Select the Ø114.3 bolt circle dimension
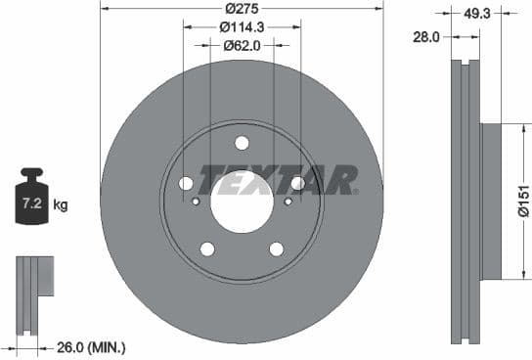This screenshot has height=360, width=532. tap(242, 26)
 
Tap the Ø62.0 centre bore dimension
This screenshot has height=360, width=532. tap(242, 45)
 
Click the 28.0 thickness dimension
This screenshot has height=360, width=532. tap(425, 36)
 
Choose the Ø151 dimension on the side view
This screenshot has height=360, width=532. tap(523, 202)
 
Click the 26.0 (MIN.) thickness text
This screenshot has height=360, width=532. tap(91, 346)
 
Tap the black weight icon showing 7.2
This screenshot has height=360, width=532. tap(31, 202)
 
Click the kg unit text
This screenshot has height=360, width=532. tap(61, 204)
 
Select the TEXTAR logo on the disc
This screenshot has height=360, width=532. tap(278, 180)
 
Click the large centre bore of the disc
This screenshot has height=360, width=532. tap(242, 202)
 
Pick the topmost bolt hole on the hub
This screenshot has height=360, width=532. tap(242, 143)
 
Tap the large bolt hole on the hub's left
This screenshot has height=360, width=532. tap(186, 183)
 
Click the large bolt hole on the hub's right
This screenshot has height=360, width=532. tap(297, 183)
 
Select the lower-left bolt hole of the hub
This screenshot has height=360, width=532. tap(207, 248)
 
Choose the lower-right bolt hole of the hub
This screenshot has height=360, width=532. tap(276, 248)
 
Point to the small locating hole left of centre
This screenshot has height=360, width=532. tap(196, 202)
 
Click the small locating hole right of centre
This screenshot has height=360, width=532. tap(288, 202)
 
